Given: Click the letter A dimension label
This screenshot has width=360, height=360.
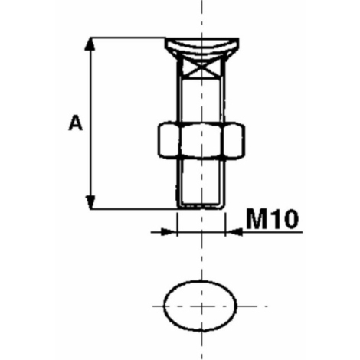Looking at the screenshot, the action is click(76, 123).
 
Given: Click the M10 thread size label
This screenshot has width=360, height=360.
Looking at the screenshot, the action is click(272, 219).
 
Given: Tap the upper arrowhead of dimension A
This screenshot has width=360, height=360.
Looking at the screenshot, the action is click(90, 44).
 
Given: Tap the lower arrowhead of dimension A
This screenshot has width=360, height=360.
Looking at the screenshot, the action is click(90, 202).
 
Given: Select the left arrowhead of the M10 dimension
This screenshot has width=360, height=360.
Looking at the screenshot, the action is click(169, 232).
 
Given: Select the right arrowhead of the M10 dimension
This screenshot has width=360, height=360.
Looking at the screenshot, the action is click(233, 232).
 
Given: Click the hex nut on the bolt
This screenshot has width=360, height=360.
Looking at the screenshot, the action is click(201, 140).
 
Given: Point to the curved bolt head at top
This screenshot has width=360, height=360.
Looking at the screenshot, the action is click(201, 47).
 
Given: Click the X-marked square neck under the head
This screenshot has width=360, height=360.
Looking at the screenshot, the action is click(201, 67).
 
